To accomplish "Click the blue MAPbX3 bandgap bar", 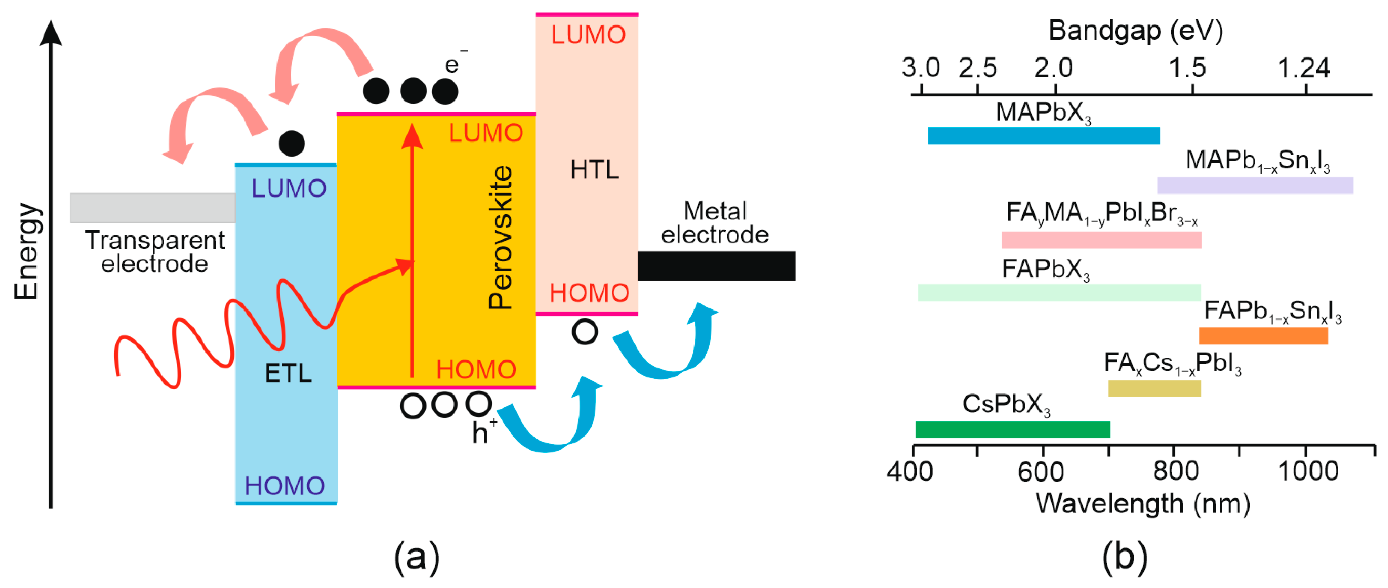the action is [1043, 136].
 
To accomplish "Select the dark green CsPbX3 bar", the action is [1012, 430].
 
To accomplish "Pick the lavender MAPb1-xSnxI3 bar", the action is [1255, 186].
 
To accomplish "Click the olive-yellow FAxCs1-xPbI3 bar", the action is [1154, 389].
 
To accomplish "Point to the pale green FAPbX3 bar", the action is [1059, 292].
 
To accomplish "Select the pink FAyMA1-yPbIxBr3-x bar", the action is [1102, 240].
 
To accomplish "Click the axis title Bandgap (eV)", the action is [1135, 30].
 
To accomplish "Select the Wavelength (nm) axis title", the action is [1143, 503].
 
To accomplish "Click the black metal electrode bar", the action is [717, 266].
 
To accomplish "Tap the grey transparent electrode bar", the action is [153, 208].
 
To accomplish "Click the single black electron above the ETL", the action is [292, 143].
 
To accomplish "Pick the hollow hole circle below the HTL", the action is [585, 332].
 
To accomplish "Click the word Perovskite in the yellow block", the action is [500, 237].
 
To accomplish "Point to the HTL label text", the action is [594, 170].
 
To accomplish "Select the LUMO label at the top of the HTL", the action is [588, 35].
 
